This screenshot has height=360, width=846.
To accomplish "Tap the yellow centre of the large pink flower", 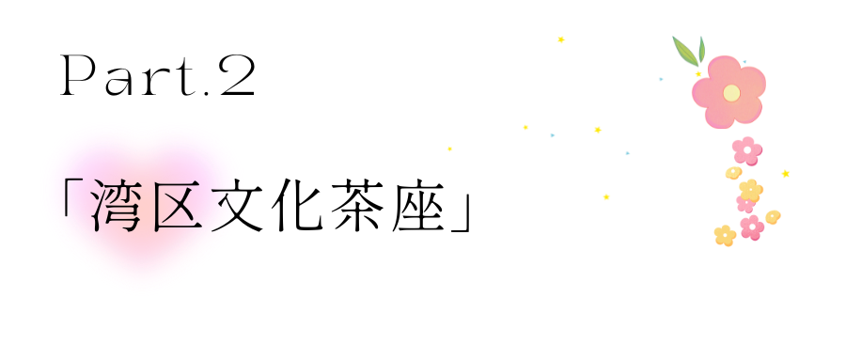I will coord(731,92).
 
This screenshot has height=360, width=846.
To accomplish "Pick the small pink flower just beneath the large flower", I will coord(747,149).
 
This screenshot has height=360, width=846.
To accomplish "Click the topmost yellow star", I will coord(561,39).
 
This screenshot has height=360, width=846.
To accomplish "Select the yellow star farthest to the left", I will coord(450,149).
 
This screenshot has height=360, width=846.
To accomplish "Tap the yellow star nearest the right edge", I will coord(785,173).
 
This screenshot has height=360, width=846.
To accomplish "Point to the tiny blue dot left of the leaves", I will coord(661,79).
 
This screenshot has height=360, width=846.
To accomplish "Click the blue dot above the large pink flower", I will coord(744,62).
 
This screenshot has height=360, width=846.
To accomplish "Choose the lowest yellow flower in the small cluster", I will coord(724,235).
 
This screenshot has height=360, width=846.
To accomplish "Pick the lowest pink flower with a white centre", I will coord(751,227).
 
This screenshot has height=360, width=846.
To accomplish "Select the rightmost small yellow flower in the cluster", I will coord(773,217).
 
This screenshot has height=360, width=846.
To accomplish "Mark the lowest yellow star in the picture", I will coord(606,196).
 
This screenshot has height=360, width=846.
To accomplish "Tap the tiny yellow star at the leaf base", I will coord(697,73).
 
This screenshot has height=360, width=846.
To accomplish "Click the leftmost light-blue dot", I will coord(553,135).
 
